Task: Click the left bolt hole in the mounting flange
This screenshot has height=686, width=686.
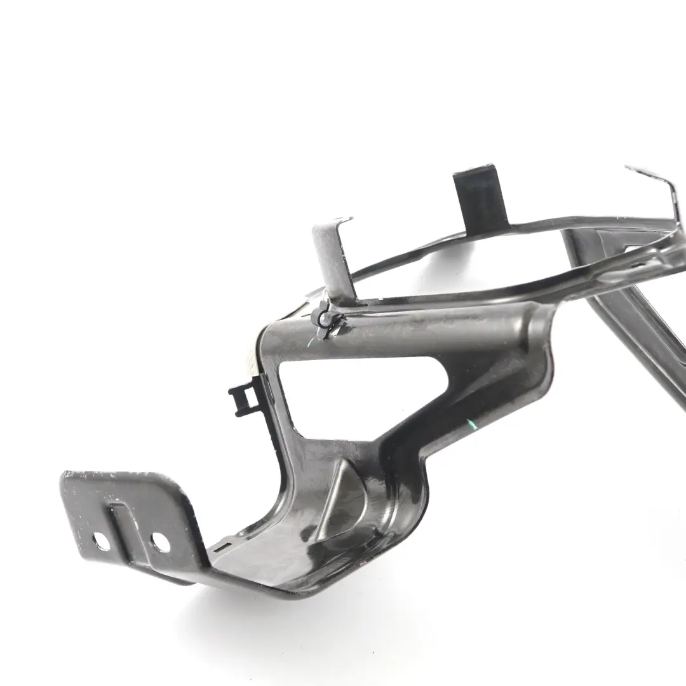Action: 101,541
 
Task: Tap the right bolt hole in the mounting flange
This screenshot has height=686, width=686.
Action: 159,542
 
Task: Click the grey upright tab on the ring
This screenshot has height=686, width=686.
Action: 330,254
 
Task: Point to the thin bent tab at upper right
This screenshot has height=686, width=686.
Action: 654,184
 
